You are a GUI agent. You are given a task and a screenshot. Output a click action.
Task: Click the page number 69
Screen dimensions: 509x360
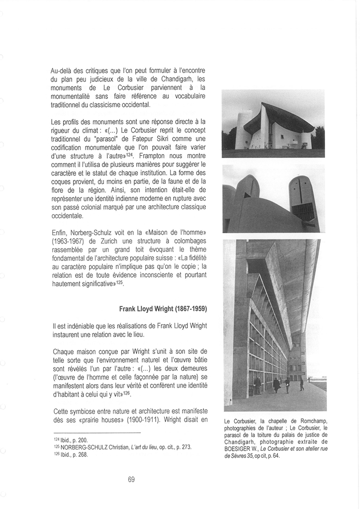click(131, 479)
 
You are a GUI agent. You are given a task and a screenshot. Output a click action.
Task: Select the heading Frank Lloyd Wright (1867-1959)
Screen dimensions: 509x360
click(163, 309)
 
